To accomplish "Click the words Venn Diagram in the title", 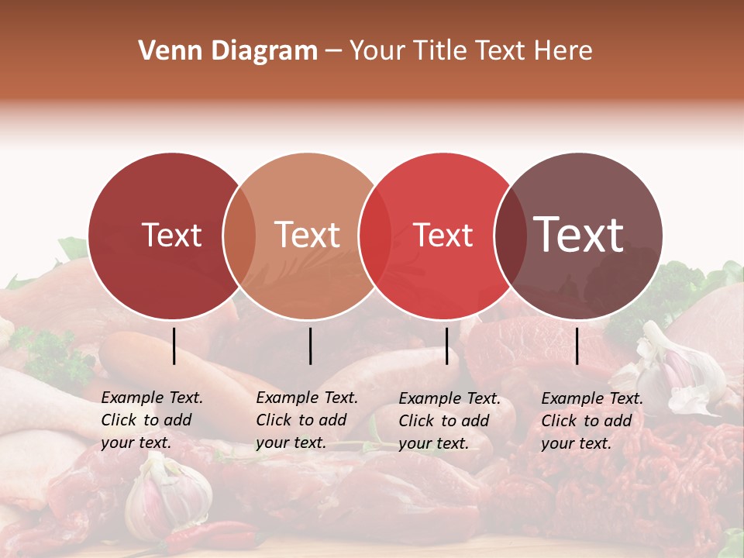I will (228, 51).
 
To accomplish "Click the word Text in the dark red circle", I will (172, 235).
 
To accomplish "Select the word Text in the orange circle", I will (308, 235).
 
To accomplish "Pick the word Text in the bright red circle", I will (443, 235).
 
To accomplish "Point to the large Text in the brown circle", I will (579, 234).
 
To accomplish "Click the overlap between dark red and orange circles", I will (239, 236).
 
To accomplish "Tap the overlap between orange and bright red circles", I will (375, 236).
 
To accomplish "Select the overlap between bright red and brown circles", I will (509, 236).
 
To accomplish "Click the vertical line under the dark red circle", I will (174, 346).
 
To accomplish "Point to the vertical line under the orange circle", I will (310, 346).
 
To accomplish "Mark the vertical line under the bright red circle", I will (446, 346).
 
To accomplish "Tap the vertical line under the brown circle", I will (577, 346).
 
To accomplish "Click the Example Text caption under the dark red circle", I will (151, 420).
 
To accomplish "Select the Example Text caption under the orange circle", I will (306, 420).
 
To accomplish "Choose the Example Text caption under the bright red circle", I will (449, 421).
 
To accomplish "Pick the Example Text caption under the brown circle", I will (591, 421).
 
